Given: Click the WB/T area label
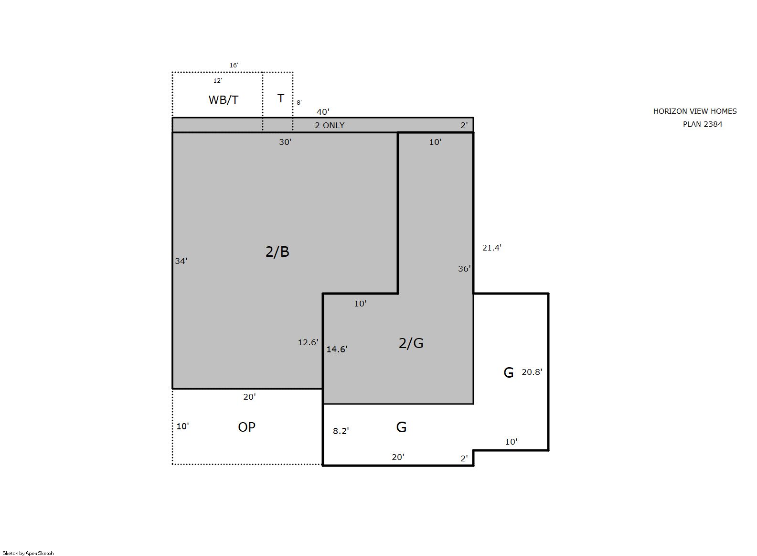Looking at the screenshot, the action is [224, 100].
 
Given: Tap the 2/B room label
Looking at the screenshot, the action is [277, 251].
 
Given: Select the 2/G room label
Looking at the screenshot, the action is [411, 343].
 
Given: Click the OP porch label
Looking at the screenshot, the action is [247, 427].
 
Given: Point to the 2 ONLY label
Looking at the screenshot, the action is [330, 125].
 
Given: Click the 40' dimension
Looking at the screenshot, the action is [323, 111].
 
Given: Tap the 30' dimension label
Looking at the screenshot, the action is [285, 142].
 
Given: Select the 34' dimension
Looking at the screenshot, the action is [181, 261].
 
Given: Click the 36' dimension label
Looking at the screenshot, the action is [464, 269].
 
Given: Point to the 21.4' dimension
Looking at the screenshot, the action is [492, 248].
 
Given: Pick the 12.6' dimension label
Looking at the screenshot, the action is [308, 342].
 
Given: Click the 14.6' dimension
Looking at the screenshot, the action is [337, 349].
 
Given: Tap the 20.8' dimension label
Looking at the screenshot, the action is [532, 372].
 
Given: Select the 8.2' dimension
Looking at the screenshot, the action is [341, 431].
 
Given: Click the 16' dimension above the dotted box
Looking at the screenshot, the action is [234, 65].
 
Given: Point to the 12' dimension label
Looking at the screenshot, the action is [218, 80].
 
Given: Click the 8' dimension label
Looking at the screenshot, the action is [299, 102].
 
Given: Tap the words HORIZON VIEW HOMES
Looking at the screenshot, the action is [695, 111].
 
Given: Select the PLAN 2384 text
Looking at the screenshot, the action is [703, 124].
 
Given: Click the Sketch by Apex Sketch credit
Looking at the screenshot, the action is [28, 553].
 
